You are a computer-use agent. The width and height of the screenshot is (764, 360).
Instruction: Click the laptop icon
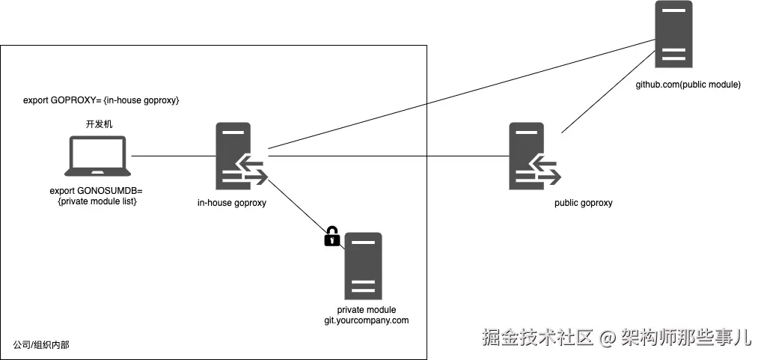point(98,156)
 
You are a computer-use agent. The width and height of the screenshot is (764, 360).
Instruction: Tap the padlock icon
point(331,237)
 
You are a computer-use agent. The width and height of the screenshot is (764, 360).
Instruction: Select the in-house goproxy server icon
point(242,156)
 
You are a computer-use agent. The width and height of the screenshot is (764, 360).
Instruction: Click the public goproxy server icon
point(534,156)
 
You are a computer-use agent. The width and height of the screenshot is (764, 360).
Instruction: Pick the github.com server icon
point(673,34)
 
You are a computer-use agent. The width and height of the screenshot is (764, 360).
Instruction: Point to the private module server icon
point(363,266)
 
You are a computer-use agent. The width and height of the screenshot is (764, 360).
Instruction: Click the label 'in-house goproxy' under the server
point(232,203)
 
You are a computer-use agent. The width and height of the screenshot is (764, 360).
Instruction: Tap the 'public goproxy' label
point(583,203)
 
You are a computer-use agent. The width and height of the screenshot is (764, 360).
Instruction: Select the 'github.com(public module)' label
point(688,85)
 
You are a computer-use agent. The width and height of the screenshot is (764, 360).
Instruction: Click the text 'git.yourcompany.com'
point(367,320)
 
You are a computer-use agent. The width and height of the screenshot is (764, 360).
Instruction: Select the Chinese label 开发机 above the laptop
point(99,124)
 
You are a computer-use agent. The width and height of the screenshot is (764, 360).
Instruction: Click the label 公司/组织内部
point(41,345)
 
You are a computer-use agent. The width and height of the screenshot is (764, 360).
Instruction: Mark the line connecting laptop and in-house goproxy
point(174,156)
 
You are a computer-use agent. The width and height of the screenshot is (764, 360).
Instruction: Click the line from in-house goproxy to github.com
point(462,94)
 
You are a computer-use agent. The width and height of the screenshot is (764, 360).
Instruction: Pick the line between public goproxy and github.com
point(608,91)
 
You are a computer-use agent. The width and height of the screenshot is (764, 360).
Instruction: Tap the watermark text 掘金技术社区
point(538,337)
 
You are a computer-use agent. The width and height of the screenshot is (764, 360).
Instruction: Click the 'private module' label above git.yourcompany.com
point(367,310)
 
